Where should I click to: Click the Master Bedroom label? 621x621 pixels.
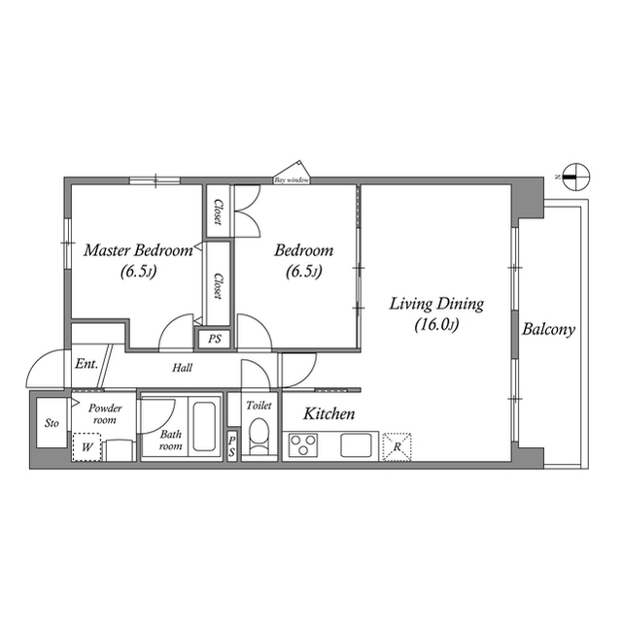(x=137, y=250)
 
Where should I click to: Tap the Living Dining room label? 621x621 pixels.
(x=435, y=304)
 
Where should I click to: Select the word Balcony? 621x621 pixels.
(x=548, y=329)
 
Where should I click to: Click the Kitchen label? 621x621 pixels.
(x=329, y=414)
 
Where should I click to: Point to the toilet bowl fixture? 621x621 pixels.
(x=259, y=436)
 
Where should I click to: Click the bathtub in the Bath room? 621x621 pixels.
(x=203, y=428)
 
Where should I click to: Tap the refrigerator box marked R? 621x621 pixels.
(x=397, y=446)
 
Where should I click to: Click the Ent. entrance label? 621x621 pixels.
(x=86, y=365)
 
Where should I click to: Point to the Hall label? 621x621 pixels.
(x=182, y=369)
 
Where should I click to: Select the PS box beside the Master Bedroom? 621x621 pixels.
(x=214, y=340)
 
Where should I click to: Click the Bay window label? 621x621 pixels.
(x=292, y=180)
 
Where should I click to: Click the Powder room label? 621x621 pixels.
(x=104, y=415)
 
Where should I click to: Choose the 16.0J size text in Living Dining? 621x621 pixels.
(x=435, y=326)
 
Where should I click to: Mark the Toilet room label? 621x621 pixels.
(x=259, y=406)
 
